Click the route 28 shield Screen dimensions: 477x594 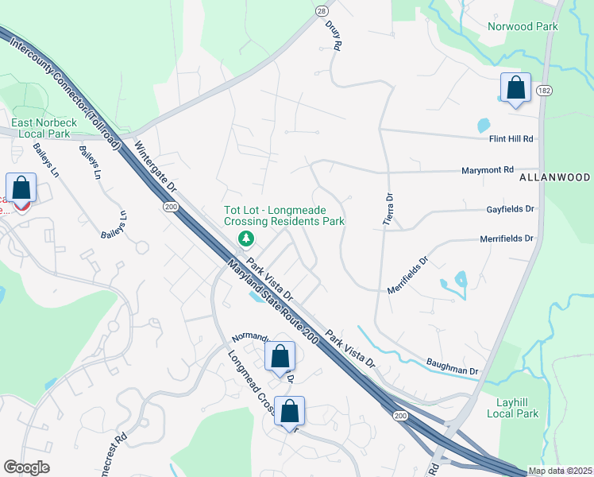point(321,10)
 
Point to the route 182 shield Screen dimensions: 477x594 point(544,91)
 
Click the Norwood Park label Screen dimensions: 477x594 point(523,26)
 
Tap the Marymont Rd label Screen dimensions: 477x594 point(488,170)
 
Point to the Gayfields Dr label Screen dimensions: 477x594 point(511,209)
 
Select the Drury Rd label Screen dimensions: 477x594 point(333,35)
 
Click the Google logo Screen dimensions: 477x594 point(26,467)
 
